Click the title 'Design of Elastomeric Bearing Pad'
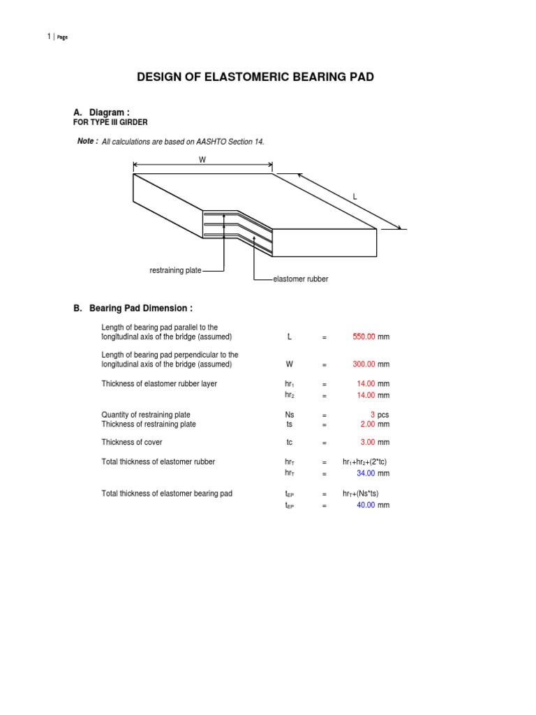[255, 77]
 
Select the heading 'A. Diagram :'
[101, 112]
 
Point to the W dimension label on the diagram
[202, 159]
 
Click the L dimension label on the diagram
[355, 198]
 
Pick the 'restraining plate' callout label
[175, 270]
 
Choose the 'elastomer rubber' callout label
[301, 279]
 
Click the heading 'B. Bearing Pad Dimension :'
[133, 309]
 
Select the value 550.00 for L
[364, 337]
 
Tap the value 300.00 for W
[364, 364]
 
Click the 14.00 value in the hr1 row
[366, 384]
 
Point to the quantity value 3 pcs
[373, 415]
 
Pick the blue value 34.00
[366, 473]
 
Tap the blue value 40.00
[366, 505]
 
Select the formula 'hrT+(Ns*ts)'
[364, 494]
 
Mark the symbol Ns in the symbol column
[290, 415]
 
